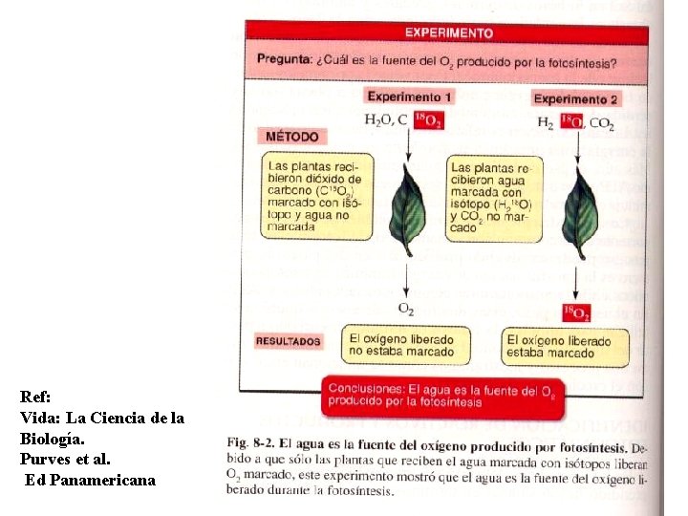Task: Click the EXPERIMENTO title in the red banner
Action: point(448,32)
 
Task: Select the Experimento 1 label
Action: point(410,97)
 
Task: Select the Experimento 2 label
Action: point(575,98)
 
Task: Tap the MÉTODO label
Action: point(292,137)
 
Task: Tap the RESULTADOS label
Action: point(289,341)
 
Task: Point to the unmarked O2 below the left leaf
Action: point(406,309)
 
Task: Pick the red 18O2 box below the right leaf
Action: point(576,312)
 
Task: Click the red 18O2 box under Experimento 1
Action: point(427,121)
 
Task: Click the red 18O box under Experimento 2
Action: point(571,122)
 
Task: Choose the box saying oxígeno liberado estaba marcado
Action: point(566,347)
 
